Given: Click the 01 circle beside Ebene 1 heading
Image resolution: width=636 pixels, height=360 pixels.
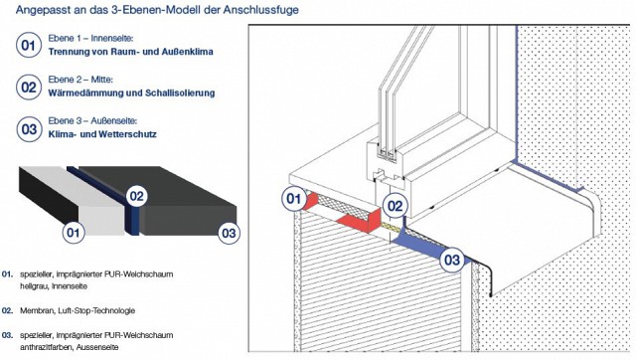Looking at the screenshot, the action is pos(29,45).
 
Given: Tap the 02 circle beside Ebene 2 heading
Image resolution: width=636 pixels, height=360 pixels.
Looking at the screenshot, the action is pos(29,87).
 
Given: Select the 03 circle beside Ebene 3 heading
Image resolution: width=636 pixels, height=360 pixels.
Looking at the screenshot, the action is pos(29,129).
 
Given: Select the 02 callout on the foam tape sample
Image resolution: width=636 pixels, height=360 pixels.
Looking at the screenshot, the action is pos(137,197).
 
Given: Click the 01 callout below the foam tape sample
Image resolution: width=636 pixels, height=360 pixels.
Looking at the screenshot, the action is pos(74,233).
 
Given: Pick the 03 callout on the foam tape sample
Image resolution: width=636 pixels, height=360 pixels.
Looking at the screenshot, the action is pos(229,233).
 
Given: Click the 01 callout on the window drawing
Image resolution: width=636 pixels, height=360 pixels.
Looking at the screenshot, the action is pos(294,198).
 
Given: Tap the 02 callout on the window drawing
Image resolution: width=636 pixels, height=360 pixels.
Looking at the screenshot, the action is pos(395,206).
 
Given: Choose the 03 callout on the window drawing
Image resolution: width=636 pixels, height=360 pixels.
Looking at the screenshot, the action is pos(452,260).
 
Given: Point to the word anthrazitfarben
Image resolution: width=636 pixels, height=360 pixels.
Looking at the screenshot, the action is pos(47,347).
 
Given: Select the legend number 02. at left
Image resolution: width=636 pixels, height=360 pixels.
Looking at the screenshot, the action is pos(7,311).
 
